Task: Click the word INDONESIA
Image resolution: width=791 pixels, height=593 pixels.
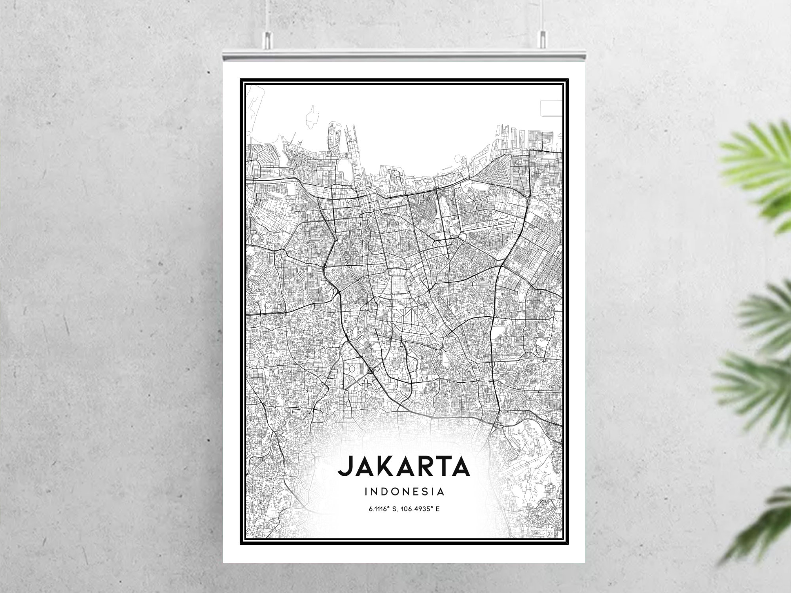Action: click(405, 492)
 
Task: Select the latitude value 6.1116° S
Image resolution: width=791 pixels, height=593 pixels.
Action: click(382, 509)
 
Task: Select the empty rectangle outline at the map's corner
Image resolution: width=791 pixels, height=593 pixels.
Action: click(551, 108)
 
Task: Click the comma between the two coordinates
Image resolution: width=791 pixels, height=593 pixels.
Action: click(397, 510)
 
